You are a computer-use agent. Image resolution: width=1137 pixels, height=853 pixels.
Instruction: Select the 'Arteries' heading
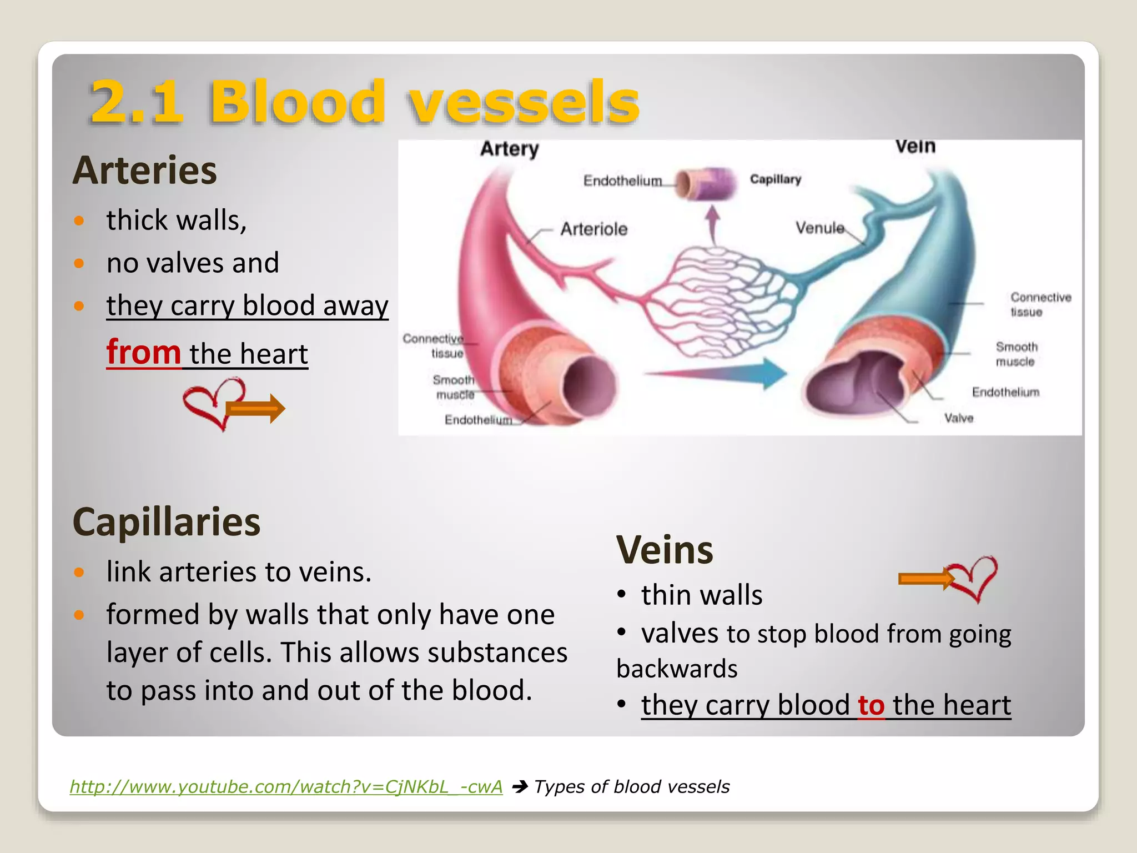click(x=145, y=170)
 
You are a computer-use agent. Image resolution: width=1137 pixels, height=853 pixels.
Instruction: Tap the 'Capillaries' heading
click(x=167, y=522)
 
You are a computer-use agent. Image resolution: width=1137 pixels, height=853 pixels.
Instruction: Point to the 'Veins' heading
click(x=665, y=550)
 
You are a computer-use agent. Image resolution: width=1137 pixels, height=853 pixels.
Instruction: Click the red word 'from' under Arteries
click(x=143, y=352)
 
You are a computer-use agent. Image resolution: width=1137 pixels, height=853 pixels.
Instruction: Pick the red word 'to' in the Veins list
click(x=871, y=705)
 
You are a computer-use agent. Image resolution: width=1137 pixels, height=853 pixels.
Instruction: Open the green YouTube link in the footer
click(x=286, y=786)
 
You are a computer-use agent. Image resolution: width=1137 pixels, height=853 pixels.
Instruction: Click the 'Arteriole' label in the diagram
click(x=593, y=229)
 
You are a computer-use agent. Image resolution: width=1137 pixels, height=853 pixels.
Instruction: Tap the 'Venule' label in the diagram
click(x=819, y=228)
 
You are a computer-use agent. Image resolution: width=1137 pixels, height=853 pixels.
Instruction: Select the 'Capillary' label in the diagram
click(x=776, y=179)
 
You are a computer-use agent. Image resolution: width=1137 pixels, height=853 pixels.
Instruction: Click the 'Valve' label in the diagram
click(x=959, y=418)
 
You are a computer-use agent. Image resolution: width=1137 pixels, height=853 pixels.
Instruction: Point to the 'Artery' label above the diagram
click(x=510, y=149)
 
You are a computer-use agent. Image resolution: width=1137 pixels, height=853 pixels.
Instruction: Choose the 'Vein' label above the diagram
click(x=915, y=147)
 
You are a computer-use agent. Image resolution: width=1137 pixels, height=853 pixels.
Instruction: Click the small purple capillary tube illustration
click(x=707, y=184)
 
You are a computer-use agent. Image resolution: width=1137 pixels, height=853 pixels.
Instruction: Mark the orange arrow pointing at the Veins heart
click(x=924, y=579)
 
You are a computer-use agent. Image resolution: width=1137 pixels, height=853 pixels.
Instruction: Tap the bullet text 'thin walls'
click(x=702, y=595)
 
